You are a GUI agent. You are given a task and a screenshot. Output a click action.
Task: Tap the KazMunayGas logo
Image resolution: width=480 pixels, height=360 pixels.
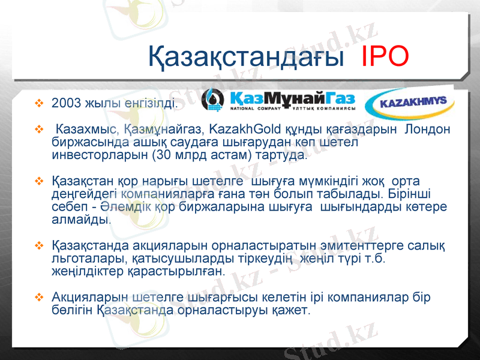tap(278, 100)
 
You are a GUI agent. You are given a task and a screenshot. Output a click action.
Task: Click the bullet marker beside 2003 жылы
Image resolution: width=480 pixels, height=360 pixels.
tap(40, 103)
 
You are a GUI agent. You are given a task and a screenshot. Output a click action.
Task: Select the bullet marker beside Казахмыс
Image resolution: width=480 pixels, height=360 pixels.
tap(40, 130)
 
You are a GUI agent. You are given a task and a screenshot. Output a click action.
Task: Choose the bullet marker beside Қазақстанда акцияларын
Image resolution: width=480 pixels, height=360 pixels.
tap(40, 245)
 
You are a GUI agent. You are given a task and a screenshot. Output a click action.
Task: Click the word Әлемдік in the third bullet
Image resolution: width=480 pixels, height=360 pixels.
tap(121, 206)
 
